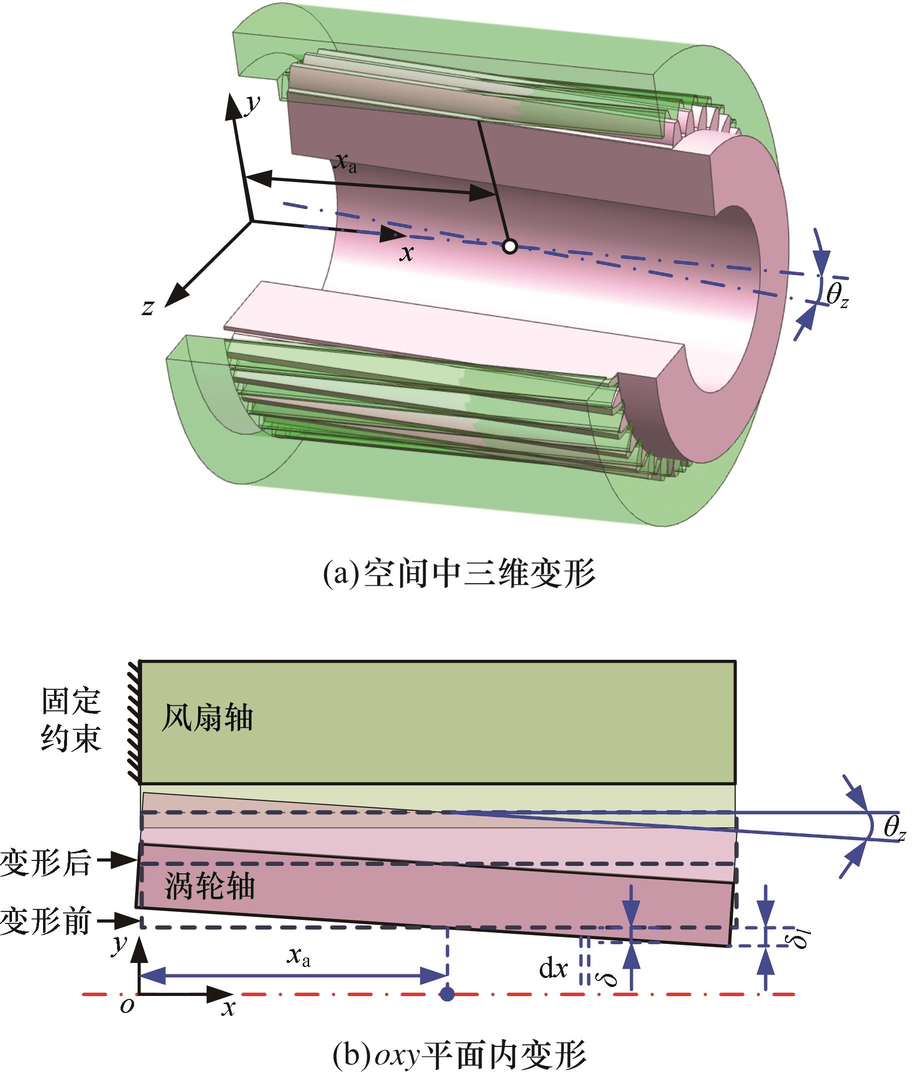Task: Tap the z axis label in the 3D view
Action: point(149,308)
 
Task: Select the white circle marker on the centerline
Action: point(510,246)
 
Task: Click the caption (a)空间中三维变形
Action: point(458,574)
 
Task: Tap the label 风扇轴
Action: point(207,719)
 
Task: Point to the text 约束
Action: point(72,737)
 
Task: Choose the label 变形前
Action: point(46,922)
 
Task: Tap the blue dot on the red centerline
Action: point(447,993)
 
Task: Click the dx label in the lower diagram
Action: point(553,968)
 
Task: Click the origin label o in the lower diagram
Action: point(127,1005)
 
